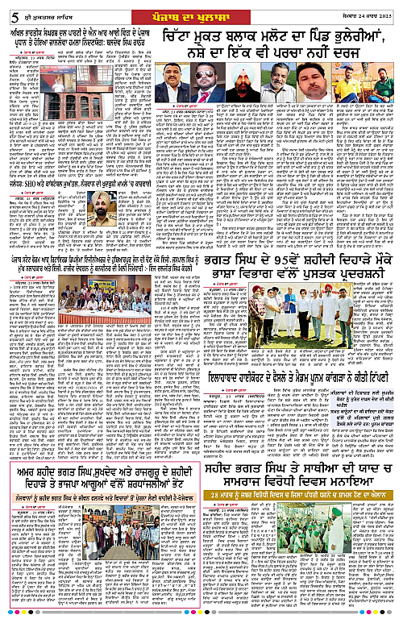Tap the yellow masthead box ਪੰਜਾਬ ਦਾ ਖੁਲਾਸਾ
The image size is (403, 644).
coord(201,11)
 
